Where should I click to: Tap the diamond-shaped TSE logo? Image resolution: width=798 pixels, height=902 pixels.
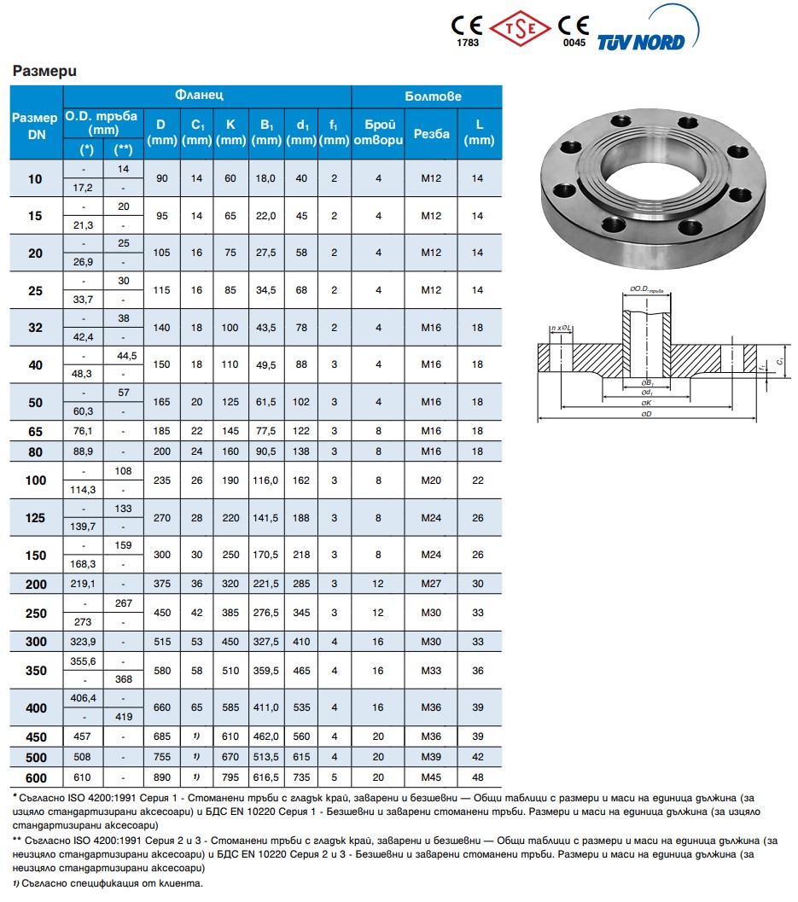[x=520, y=28]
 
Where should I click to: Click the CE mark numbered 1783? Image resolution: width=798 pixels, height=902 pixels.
[x=467, y=31]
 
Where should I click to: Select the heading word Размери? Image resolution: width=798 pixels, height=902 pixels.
[x=44, y=71]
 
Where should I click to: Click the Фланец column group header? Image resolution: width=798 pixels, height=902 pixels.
[x=199, y=95]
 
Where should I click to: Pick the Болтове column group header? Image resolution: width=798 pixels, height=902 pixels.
[x=434, y=96]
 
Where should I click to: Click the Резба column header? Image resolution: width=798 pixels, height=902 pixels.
[x=432, y=133]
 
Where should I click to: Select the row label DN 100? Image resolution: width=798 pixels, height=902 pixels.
[x=36, y=480]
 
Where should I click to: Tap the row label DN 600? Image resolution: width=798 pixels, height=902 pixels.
[x=36, y=777]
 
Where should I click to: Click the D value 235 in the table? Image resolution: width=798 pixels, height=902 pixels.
[x=161, y=480]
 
